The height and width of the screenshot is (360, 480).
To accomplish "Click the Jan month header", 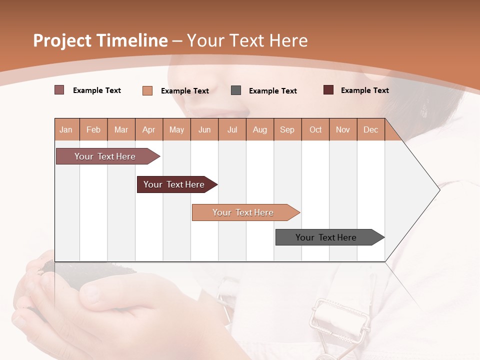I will [x=66, y=129].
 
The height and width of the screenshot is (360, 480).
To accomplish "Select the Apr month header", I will [x=149, y=129].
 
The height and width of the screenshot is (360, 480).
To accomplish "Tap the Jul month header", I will [x=232, y=129].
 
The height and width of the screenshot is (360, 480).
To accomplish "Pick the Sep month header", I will [x=287, y=129].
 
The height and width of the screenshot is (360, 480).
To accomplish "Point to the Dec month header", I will [x=370, y=129].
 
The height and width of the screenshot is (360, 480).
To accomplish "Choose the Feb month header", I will [x=93, y=129].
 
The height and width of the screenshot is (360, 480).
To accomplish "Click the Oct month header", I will [x=315, y=129].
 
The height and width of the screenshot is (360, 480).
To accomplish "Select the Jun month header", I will [x=204, y=129].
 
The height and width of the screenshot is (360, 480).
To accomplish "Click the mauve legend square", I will [x=59, y=90].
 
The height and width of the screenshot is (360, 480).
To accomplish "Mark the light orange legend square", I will [x=147, y=90].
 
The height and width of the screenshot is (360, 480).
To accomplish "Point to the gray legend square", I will [x=236, y=90].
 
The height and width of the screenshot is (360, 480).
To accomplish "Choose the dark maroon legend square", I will [x=328, y=90].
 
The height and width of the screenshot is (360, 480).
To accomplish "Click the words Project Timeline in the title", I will [x=100, y=40].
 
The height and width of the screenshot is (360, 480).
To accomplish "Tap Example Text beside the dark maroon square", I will [x=364, y=90].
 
